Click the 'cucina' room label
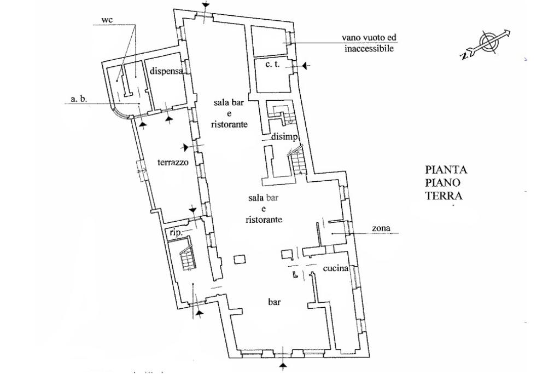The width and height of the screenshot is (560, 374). (336, 269)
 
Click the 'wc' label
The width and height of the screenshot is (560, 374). (107, 20)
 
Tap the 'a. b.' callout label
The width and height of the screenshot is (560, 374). (79, 100)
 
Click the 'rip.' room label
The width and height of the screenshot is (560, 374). (176, 232)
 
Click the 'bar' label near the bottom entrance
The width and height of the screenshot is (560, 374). (275, 302)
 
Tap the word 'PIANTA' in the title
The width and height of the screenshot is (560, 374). (446, 170)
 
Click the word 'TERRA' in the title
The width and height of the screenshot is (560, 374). (444, 195)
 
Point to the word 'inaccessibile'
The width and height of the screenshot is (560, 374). (369, 48)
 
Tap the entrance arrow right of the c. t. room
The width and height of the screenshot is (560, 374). (305, 66)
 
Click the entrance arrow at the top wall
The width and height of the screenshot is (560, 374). (206, 5)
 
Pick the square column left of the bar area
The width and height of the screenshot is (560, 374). (239, 260)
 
